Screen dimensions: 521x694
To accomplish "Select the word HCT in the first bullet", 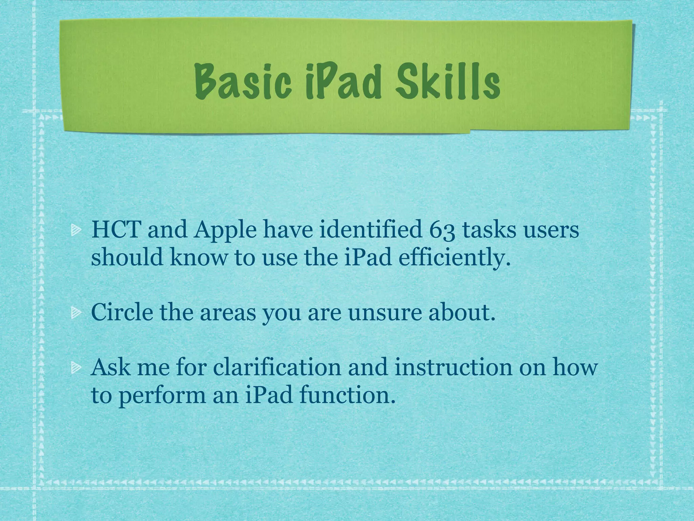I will click(116, 230).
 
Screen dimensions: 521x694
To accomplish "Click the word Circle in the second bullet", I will click(122, 312).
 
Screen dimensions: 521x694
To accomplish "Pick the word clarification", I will click(277, 367).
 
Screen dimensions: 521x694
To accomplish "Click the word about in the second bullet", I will click(462, 312).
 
